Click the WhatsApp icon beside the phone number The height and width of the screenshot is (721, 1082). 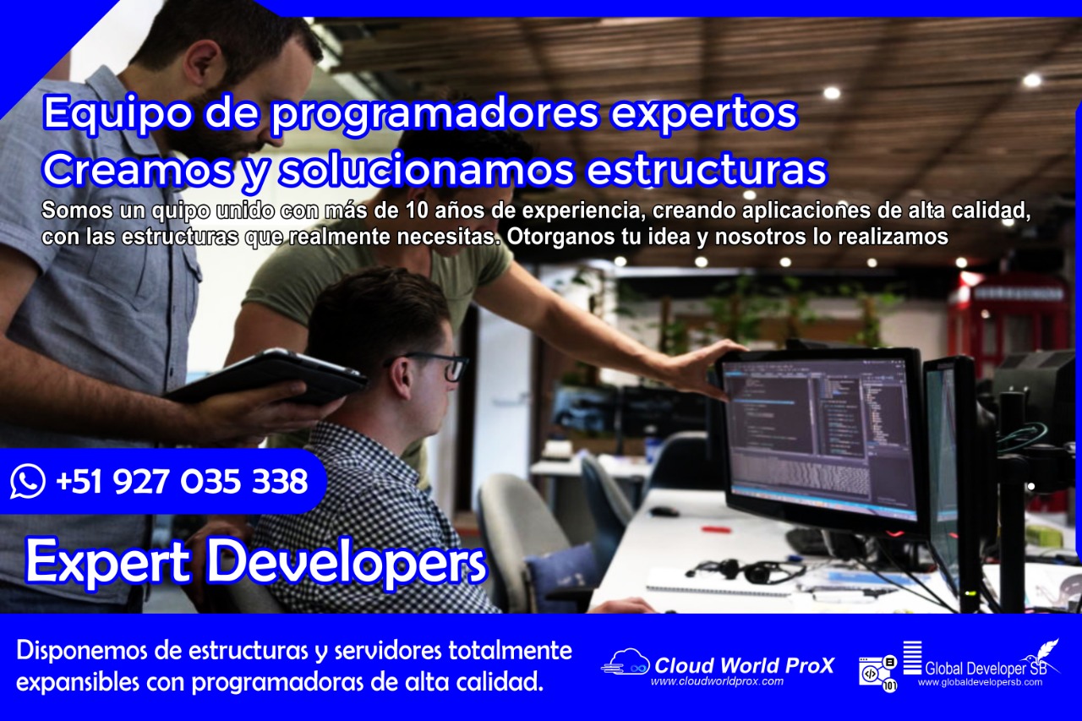[28, 482]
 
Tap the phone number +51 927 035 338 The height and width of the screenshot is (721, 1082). [181, 482]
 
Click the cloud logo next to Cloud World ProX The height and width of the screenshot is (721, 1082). [626, 663]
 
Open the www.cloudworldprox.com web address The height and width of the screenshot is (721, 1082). [717, 681]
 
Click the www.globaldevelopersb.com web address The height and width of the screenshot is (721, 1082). [980, 682]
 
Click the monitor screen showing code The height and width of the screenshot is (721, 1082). [820, 431]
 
